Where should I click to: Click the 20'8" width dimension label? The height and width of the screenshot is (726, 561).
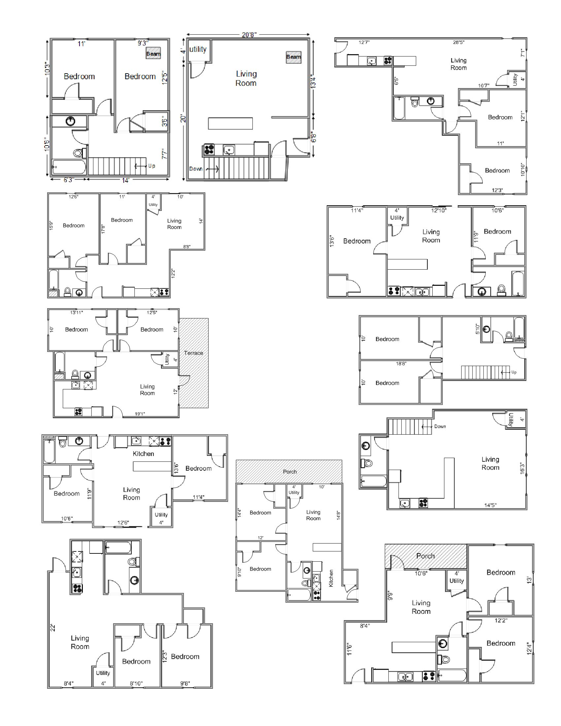249,35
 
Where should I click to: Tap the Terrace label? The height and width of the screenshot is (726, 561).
193,353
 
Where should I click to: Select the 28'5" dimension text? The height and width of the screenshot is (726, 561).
459,42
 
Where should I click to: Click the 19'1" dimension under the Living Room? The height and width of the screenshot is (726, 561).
140,414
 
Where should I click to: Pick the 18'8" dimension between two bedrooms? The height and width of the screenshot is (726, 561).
401,364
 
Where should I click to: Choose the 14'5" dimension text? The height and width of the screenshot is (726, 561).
490,505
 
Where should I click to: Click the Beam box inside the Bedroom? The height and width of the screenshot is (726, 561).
153,54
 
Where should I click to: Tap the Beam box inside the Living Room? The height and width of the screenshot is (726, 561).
293,57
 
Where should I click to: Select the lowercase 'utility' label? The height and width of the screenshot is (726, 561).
198,49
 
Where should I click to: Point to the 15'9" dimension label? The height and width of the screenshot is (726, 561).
51,226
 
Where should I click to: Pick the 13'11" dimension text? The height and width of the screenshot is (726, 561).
77,313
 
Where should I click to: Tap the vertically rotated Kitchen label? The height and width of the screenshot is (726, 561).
331,578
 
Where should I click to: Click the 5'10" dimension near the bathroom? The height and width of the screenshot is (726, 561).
478,329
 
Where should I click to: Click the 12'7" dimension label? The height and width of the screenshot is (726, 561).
364,42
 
